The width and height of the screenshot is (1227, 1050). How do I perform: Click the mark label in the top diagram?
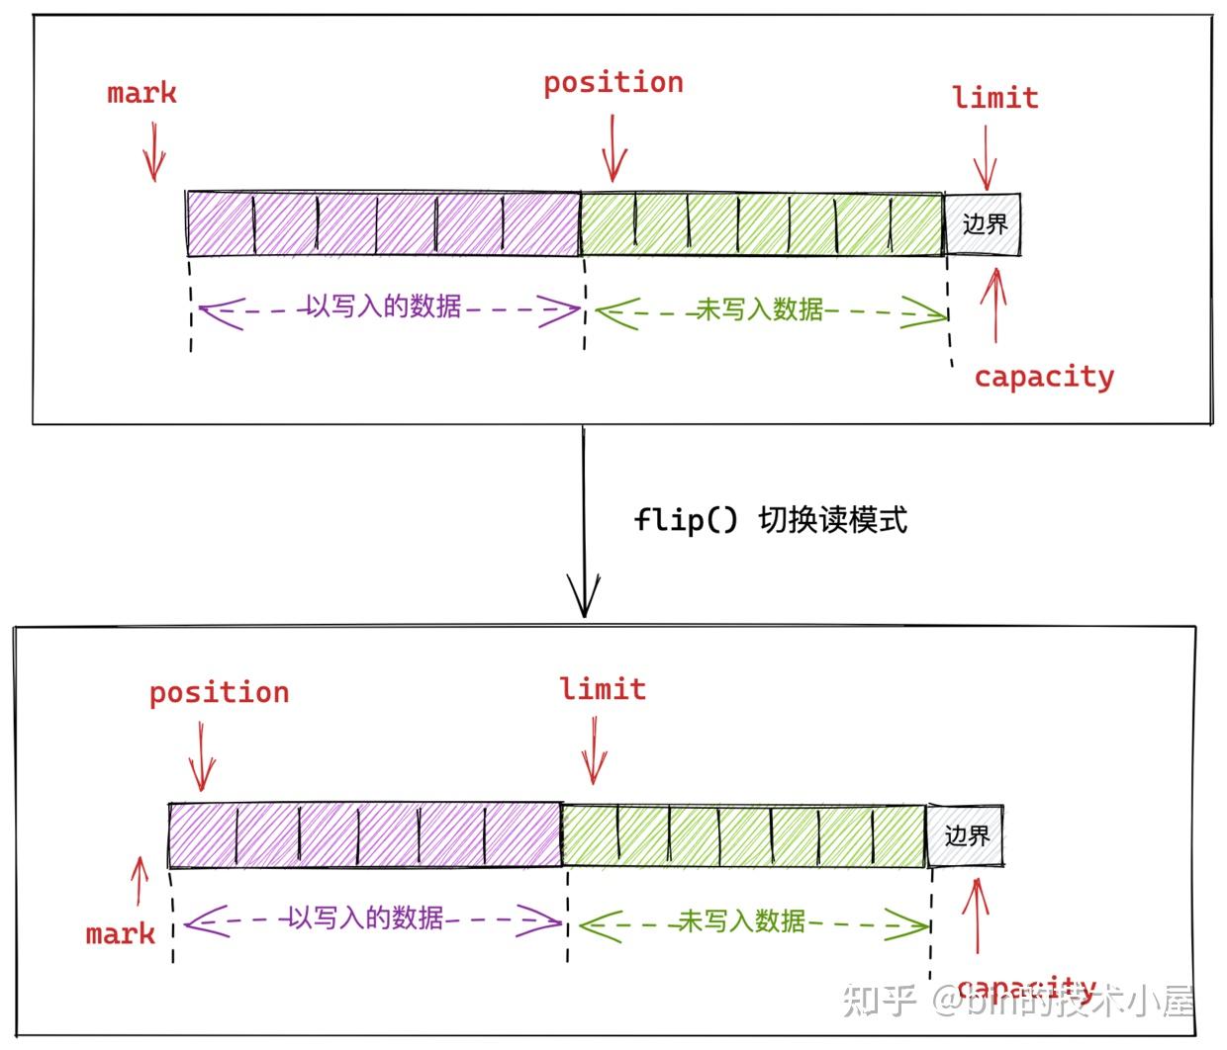(142, 94)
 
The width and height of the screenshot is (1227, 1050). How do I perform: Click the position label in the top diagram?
(613, 83)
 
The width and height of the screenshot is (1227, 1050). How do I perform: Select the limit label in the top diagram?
(994, 98)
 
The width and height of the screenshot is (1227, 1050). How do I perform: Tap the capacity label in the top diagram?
(1044, 377)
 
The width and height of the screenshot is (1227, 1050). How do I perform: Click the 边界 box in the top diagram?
(984, 223)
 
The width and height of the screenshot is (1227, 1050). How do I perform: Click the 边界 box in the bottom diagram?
(966, 835)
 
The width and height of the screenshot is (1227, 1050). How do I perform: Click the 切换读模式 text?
(832, 519)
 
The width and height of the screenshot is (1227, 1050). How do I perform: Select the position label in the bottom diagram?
(219, 692)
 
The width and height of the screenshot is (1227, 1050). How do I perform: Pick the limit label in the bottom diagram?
(603, 689)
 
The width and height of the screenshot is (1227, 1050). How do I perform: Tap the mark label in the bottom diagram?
(120, 933)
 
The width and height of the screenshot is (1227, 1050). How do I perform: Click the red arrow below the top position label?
(613, 148)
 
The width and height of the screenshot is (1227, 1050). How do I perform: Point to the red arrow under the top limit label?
(986, 156)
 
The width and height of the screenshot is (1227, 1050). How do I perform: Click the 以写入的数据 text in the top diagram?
(384, 306)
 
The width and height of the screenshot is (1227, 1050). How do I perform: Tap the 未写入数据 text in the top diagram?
(760, 309)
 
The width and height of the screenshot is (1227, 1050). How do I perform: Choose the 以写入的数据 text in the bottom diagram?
(366, 919)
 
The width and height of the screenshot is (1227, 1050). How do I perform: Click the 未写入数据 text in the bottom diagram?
(741, 921)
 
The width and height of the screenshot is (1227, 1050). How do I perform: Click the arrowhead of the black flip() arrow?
(584, 598)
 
